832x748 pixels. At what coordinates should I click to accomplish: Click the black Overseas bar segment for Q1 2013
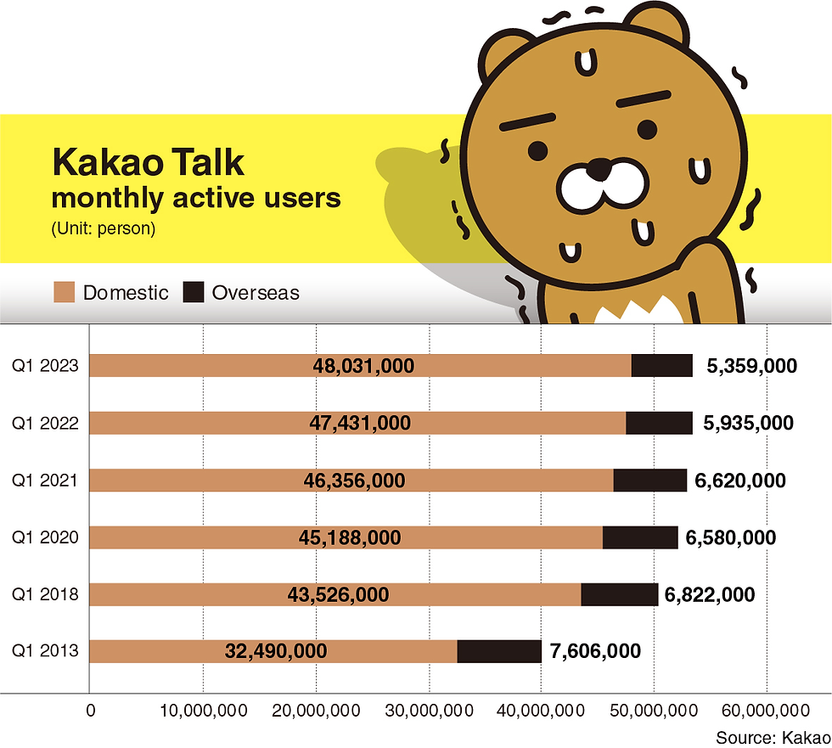point(499,651)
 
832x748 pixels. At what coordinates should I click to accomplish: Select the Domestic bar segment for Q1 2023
point(360,366)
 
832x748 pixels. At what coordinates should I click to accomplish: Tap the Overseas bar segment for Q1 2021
point(649,481)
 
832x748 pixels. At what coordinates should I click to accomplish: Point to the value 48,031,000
point(362,366)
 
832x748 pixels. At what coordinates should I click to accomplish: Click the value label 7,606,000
point(596,651)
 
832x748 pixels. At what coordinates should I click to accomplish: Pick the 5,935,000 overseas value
point(748,423)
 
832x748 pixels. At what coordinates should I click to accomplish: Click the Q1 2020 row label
point(46,537)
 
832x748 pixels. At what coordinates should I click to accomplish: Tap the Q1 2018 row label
point(46,594)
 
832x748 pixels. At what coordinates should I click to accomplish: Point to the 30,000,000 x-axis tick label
point(429,710)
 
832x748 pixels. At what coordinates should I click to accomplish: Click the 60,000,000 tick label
point(767,710)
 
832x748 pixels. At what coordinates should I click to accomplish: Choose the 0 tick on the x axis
point(90,710)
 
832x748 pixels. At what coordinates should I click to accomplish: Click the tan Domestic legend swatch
point(65,293)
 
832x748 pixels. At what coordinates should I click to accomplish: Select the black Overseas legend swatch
point(194,293)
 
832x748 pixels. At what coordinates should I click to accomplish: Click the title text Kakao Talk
point(148,162)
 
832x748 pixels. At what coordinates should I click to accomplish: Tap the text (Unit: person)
point(103,229)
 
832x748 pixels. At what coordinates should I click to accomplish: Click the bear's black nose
point(599,169)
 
